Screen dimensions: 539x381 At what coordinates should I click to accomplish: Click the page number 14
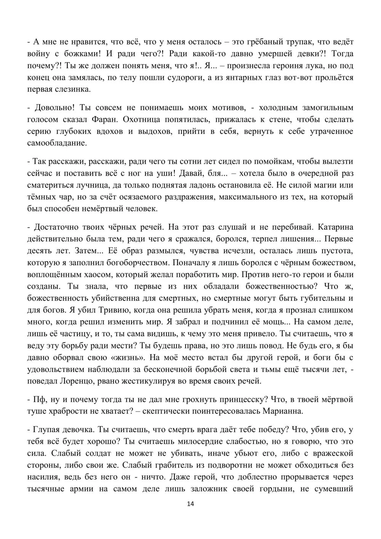point(190,504)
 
